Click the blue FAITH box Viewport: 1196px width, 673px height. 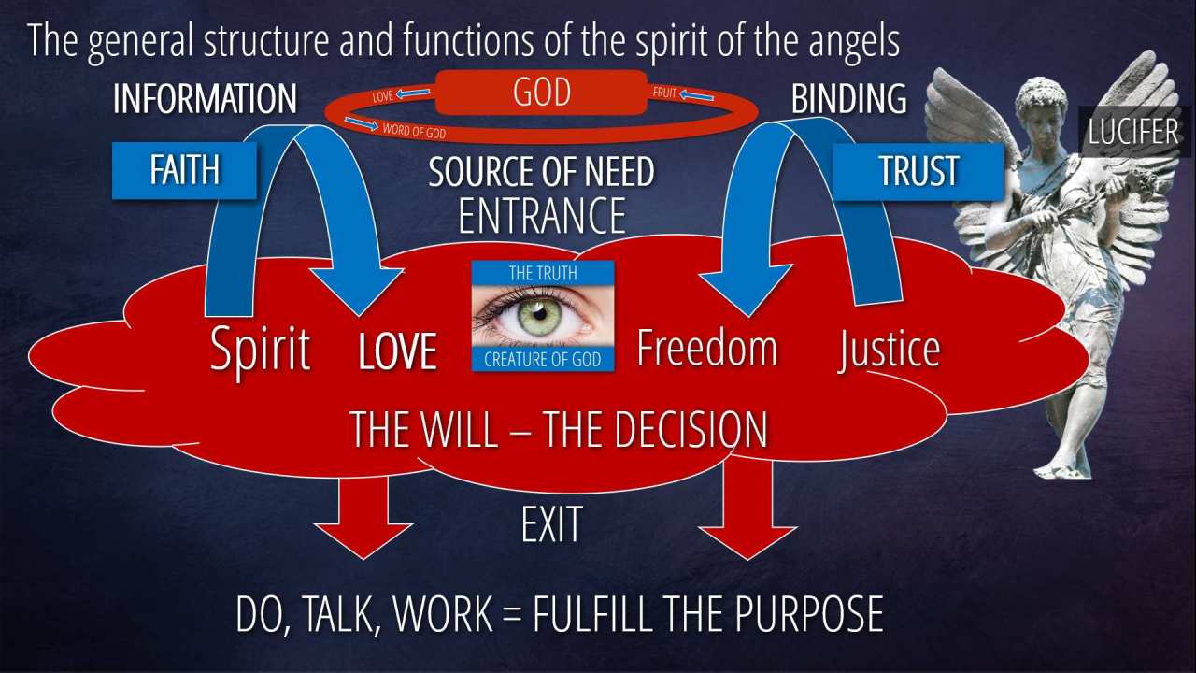(184, 170)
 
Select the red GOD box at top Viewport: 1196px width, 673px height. (541, 94)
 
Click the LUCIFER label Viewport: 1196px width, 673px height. (1132, 132)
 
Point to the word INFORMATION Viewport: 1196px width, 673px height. (205, 99)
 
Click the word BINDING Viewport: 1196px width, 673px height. (848, 99)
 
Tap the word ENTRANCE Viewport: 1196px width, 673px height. (541, 215)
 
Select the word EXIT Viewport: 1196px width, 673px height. (551, 524)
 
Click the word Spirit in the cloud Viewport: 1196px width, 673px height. (260, 350)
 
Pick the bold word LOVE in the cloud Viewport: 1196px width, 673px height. (398, 352)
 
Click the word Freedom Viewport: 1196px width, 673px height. (706, 347)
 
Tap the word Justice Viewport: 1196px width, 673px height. (889, 350)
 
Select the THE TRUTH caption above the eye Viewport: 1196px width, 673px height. (542, 273)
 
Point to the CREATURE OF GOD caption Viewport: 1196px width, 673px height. (542, 360)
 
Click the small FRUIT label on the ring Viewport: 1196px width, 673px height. (664, 93)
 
